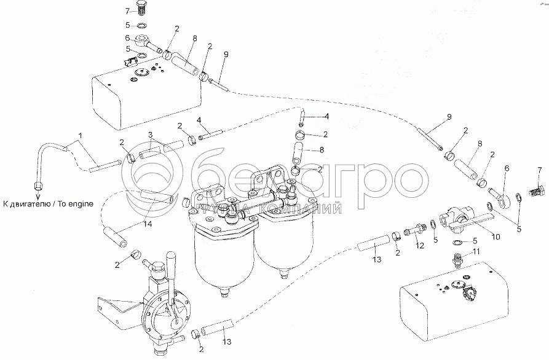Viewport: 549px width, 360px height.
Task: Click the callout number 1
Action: tap(81, 135)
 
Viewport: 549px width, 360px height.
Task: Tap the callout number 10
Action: tap(496, 237)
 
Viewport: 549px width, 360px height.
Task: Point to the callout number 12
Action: tap(419, 246)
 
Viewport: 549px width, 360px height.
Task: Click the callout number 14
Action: tap(148, 224)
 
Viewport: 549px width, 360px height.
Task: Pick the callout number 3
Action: tap(150, 135)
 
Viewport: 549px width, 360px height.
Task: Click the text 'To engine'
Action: tap(76, 203)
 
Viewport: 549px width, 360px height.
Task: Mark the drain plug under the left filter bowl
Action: tap(223, 292)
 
